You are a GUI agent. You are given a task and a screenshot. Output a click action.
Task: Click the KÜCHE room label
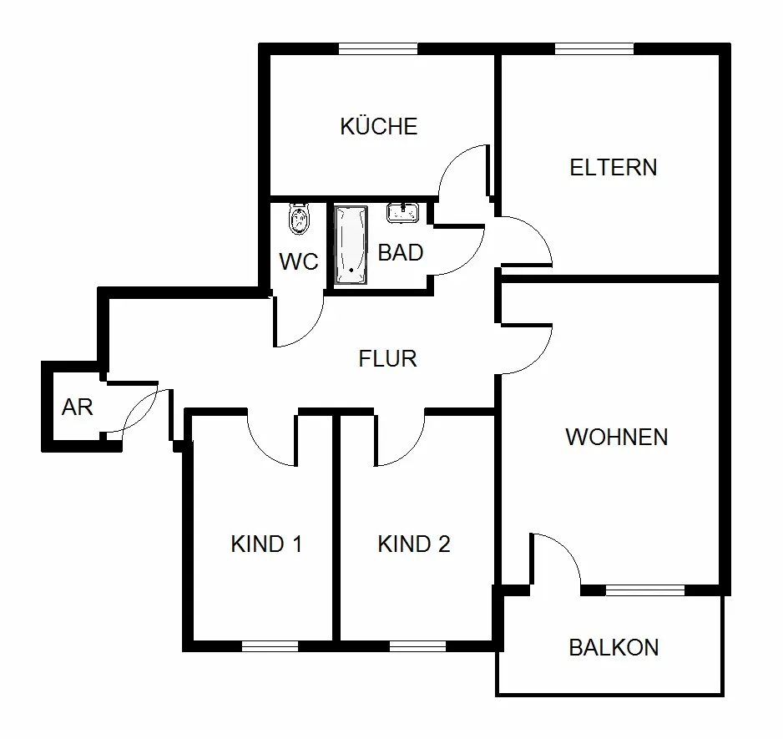[x=378, y=126]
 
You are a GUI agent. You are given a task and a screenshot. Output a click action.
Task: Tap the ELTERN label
[x=613, y=167]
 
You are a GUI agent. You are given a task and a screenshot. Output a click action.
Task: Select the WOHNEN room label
[x=616, y=437]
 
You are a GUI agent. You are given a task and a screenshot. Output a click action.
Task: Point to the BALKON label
[x=614, y=647]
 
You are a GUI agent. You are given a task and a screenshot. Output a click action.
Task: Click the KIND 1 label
[x=266, y=544]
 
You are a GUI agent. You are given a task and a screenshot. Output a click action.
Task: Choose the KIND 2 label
[x=414, y=544]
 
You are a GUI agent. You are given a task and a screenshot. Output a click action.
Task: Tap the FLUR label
[x=387, y=359]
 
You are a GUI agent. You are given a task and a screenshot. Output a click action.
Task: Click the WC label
[x=298, y=261]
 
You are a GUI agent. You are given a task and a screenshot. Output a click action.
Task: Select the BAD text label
[x=401, y=252]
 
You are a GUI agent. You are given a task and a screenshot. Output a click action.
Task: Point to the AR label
[x=77, y=407]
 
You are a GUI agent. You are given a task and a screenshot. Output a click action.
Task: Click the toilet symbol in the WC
[x=298, y=220]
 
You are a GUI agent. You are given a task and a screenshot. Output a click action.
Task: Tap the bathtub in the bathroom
[x=351, y=244]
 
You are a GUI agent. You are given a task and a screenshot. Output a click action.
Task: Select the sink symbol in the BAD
[x=402, y=212]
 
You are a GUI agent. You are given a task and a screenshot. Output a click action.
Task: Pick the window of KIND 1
[x=270, y=645]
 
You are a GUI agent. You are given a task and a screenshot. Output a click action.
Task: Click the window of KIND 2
[x=417, y=645]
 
